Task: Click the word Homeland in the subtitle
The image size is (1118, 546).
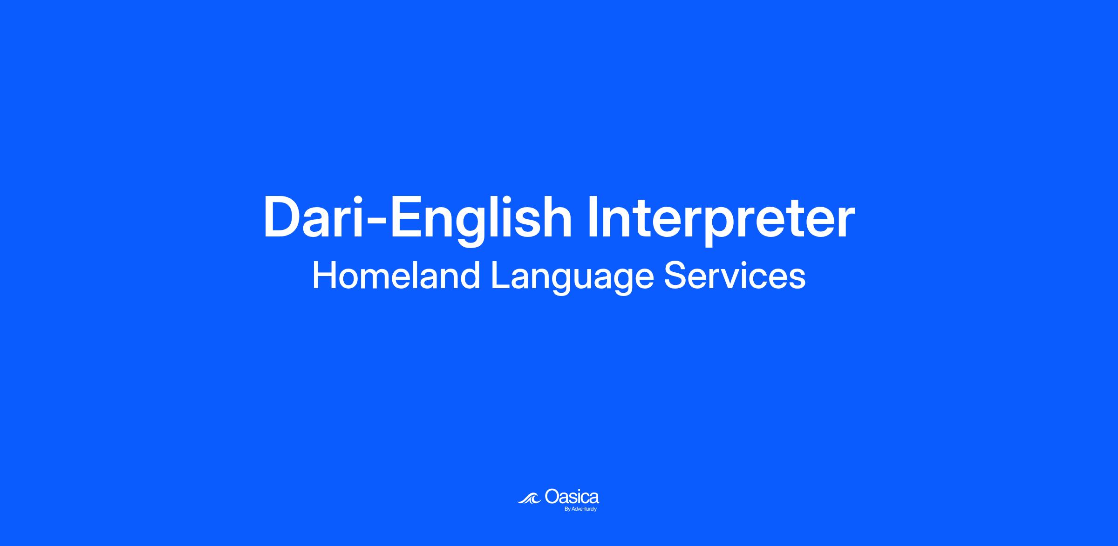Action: [396, 276]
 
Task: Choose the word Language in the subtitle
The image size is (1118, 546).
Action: [573, 278]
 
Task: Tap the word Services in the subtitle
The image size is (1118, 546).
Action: [735, 276]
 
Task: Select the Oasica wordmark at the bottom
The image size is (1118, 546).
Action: [572, 496]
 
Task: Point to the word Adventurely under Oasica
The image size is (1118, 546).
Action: [584, 509]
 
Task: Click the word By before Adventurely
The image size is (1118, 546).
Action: [567, 509]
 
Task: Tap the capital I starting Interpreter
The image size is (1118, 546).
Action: [593, 217]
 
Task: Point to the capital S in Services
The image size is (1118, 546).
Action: [675, 276]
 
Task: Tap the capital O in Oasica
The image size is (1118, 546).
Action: [552, 496]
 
